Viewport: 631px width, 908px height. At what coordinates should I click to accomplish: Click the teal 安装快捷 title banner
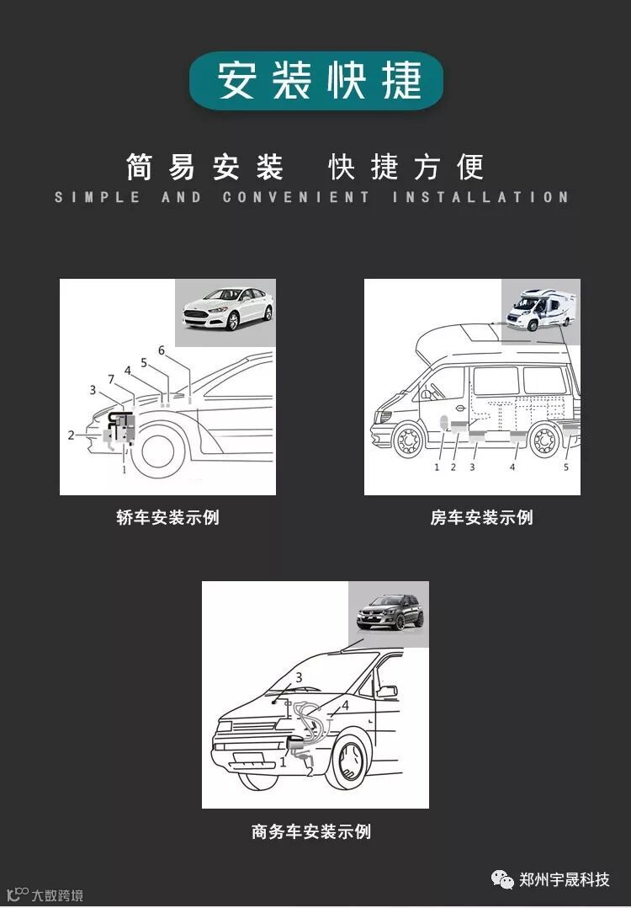tap(316, 81)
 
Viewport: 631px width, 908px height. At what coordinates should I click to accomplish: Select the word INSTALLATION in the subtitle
tap(480, 197)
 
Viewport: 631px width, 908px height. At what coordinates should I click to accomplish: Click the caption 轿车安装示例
tap(167, 517)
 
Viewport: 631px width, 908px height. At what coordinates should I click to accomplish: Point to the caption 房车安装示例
tap(481, 517)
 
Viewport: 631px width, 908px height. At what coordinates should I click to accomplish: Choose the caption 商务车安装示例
tap(311, 831)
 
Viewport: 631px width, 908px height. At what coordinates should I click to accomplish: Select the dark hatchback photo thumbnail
tap(390, 612)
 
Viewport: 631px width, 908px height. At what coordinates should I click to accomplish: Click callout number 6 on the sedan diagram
tap(162, 350)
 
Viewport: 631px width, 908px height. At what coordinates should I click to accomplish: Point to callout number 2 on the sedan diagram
tap(72, 435)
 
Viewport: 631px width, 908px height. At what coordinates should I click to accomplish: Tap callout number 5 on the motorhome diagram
tap(566, 467)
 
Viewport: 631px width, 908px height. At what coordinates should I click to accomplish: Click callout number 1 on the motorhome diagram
tap(437, 467)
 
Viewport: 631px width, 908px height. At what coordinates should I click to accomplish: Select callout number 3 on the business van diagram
tap(298, 676)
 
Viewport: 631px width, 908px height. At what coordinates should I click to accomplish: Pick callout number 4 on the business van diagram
tap(345, 705)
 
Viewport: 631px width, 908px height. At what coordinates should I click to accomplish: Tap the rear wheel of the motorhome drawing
tap(544, 441)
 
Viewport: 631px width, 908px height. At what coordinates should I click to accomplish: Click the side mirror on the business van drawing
tap(387, 692)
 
